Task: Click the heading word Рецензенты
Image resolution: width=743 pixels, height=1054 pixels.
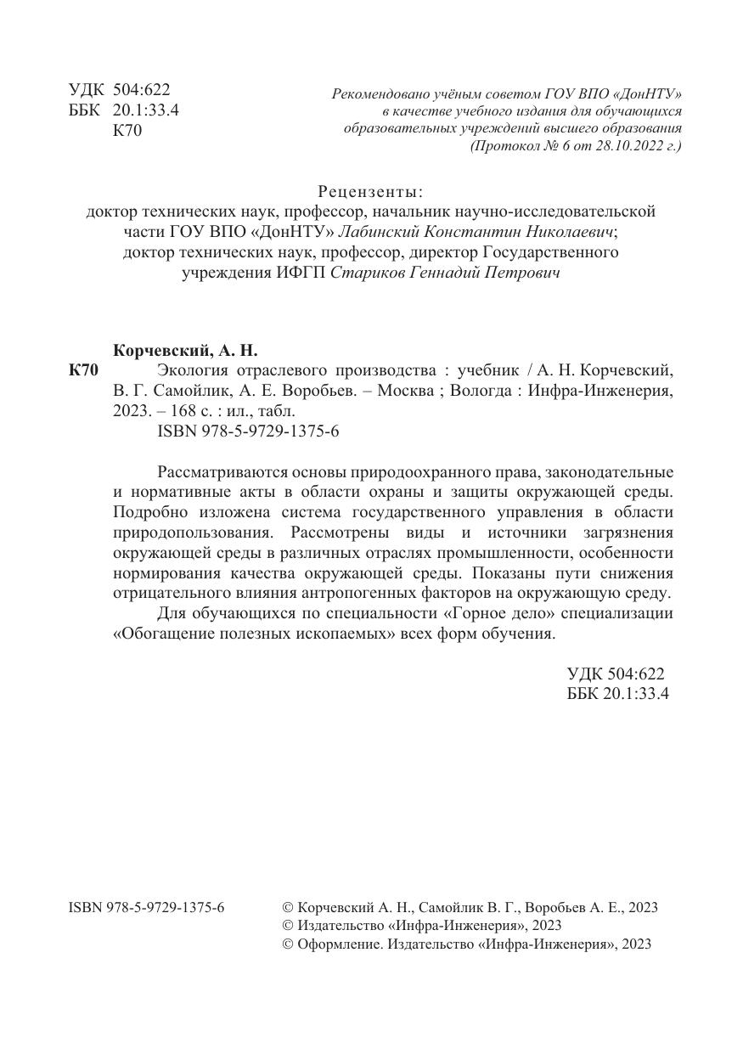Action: (370, 190)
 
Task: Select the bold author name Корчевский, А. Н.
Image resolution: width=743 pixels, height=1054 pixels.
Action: (184, 350)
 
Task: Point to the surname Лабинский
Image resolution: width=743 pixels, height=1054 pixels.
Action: (380, 231)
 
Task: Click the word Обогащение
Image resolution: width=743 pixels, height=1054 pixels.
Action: (166, 633)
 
